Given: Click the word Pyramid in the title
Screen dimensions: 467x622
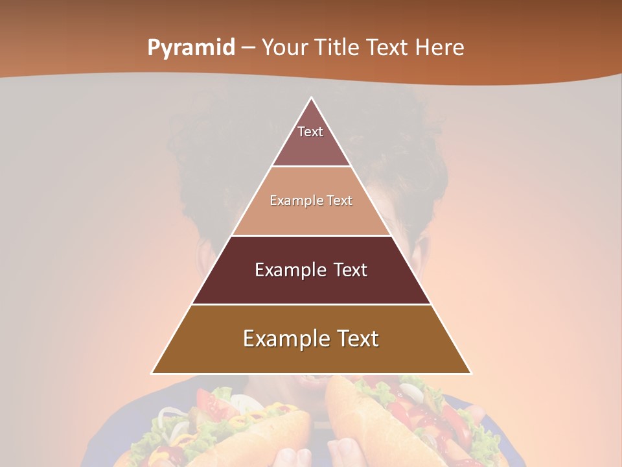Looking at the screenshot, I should pyautogui.click(x=190, y=48).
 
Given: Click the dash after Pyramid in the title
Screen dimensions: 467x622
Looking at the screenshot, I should pyautogui.click(x=248, y=49).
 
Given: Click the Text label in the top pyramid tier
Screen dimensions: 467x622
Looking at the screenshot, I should pyautogui.click(x=310, y=132).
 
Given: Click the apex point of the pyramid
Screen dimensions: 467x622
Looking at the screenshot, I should pyautogui.click(x=311, y=98).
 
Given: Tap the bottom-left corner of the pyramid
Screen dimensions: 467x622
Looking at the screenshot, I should pyautogui.click(x=152, y=373).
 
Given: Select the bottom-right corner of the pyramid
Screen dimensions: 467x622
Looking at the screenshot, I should pyautogui.click(x=470, y=373).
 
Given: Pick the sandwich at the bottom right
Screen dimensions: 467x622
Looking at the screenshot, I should pyautogui.click(x=402, y=422).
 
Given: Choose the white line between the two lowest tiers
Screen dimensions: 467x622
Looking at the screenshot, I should pyautogui.click(x=311, y=304).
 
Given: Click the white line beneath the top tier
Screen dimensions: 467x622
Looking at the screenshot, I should pyautogui.click(x=311, y=167).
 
